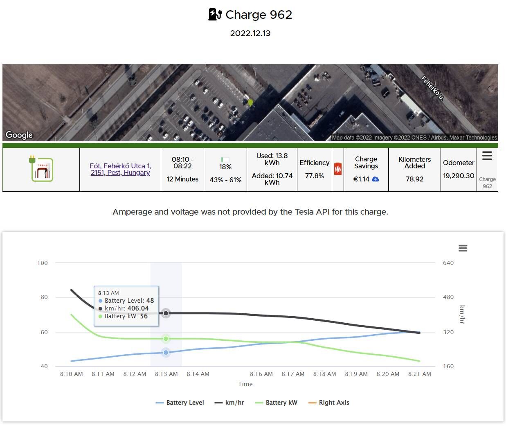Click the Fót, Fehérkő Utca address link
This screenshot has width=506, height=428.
[x=120, y=169]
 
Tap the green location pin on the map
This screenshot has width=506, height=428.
[x=250, y=102]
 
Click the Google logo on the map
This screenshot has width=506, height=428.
[x=19, y=135]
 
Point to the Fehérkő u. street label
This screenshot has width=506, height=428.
[x=432, y=88]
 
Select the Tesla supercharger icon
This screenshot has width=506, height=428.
[x=42, y=169]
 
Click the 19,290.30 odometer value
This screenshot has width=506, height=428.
[x=459, y=176]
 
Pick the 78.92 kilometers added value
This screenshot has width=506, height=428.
[x=414, y=179]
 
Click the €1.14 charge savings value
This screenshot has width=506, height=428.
[x=362, y=179]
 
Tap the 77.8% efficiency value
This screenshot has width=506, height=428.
[x=314, y=176]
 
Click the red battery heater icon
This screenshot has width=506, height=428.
[x=338, y=169]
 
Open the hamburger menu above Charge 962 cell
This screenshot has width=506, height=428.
[x=487, y=156]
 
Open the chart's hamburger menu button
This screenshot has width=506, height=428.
[x=463, y=248]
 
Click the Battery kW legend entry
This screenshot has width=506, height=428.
[x=276, y=403]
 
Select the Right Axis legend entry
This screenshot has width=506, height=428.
[x=329, y=403]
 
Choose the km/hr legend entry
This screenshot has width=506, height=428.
[x=229, y=403]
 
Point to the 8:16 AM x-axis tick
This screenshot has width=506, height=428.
[x=261, y=374]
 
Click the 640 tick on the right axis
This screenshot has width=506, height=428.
[x=448, y=263]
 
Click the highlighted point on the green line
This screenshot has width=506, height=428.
[x=166, y=339]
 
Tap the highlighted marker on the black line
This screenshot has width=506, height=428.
[x=166, y=313]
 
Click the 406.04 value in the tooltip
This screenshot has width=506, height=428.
[x=138, y=308]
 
